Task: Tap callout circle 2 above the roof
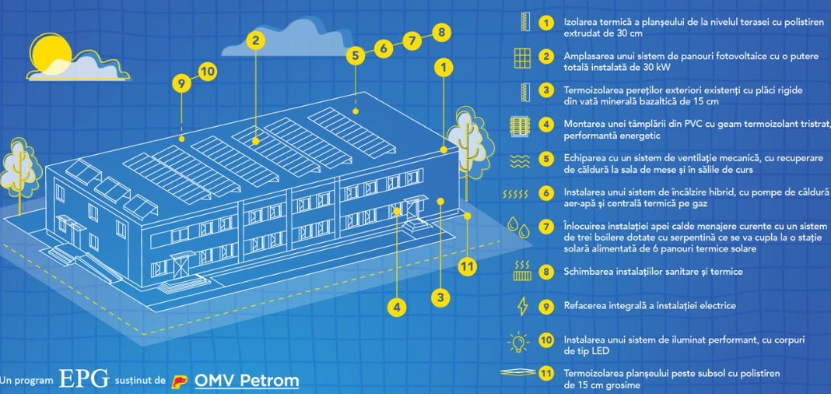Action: pos(258,38)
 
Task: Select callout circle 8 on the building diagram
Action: pos(441,33)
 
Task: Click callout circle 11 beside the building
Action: pos(467,267)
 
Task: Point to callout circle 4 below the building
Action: pos(398,307)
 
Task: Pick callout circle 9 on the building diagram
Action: pos(181,82)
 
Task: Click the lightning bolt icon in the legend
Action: pos(523,305)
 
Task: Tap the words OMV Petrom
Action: pos(246,381)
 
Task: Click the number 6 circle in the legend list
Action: pos(548,192)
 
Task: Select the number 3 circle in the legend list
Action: pos(548,91)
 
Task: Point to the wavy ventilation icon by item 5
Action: pos(522,158)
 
